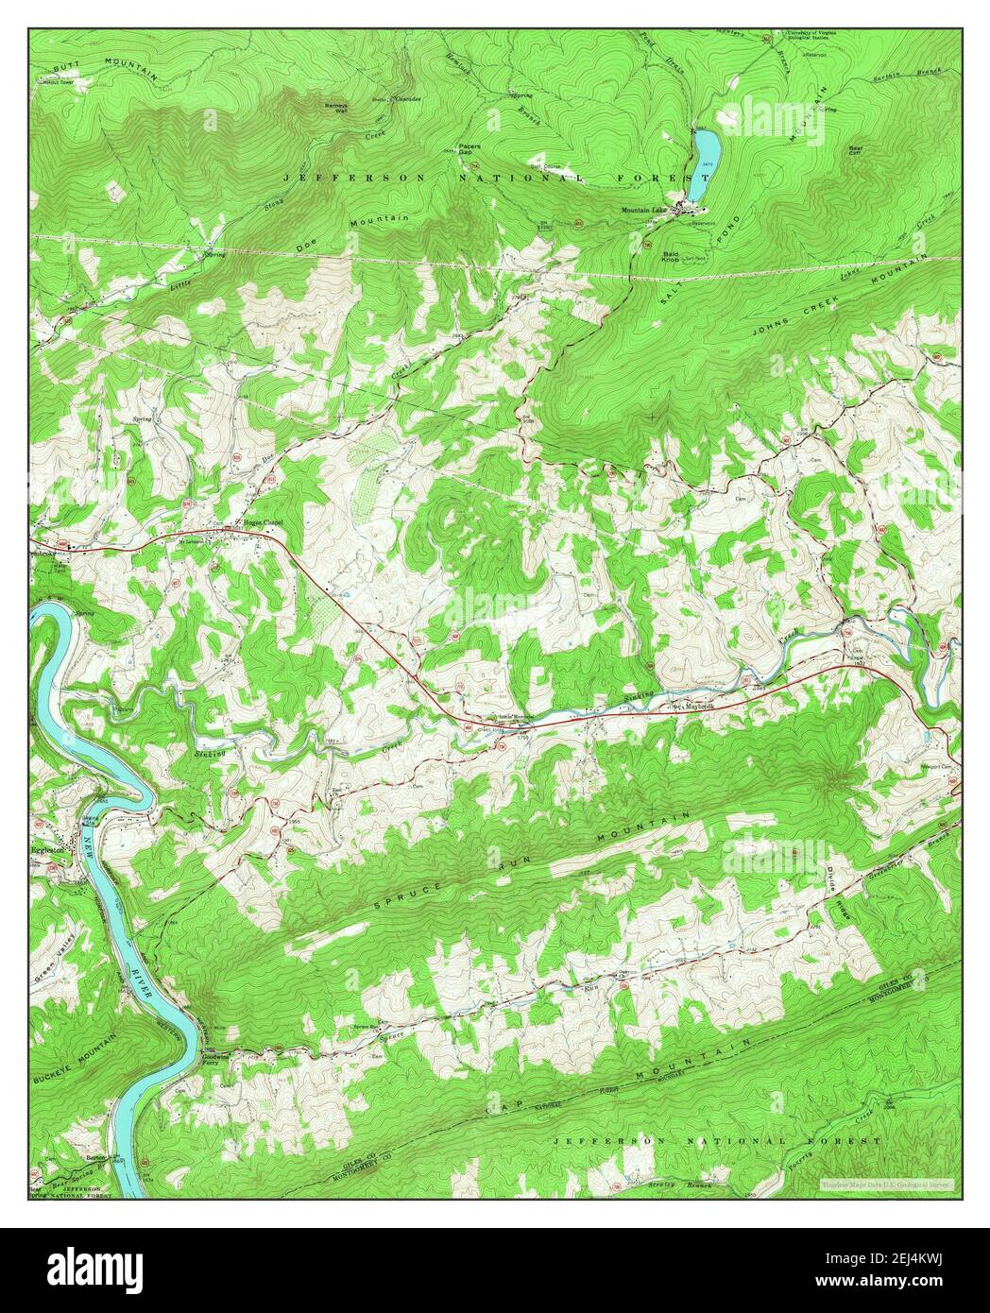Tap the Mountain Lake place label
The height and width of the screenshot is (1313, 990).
point(643,209)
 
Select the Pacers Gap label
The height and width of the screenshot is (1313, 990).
point(469,149)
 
